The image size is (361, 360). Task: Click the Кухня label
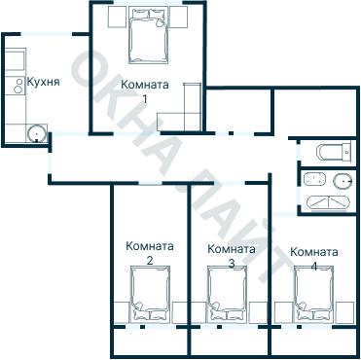tap(44, 82)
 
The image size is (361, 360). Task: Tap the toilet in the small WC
tap(331, 152)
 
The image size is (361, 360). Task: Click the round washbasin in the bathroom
tap(343, 180)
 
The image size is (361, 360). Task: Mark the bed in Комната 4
tap(313, 297)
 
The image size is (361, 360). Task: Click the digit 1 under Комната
tap(145, 98)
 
